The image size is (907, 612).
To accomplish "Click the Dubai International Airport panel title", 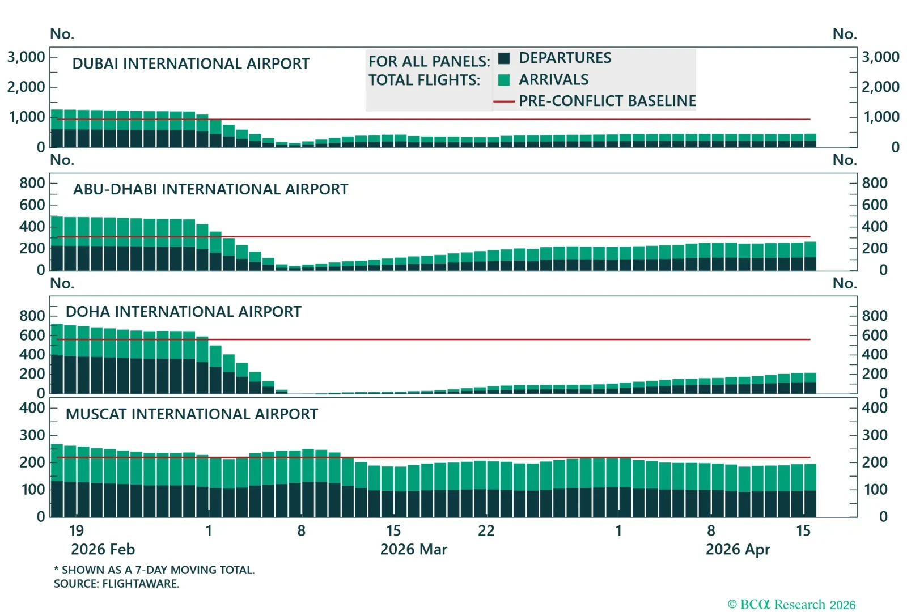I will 190,63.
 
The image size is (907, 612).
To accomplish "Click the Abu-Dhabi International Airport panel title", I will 210,189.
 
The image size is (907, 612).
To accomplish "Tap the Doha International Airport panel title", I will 183,312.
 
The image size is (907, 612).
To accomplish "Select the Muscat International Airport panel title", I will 192,414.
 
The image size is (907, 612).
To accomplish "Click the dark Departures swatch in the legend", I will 504,58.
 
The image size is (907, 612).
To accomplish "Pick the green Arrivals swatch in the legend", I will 504,80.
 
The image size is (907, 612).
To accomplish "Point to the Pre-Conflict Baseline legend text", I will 607,101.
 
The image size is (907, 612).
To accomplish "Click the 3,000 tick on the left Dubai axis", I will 26,57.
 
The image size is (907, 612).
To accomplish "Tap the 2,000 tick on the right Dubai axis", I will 880,87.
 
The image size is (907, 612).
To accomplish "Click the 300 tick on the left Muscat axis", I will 32,435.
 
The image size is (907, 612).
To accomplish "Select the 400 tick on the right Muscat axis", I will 874,408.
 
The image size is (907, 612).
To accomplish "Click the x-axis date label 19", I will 77,531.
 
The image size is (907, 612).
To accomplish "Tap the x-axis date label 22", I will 486,531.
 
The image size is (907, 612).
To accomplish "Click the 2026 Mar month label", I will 413,550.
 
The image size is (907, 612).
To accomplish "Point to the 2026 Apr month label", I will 738,550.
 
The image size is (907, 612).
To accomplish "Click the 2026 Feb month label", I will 103,550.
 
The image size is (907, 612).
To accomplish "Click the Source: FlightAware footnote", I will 116,584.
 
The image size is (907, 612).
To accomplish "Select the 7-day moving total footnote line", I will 154,570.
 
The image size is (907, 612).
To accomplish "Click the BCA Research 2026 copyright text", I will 791,605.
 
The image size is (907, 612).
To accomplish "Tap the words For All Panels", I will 429,61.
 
